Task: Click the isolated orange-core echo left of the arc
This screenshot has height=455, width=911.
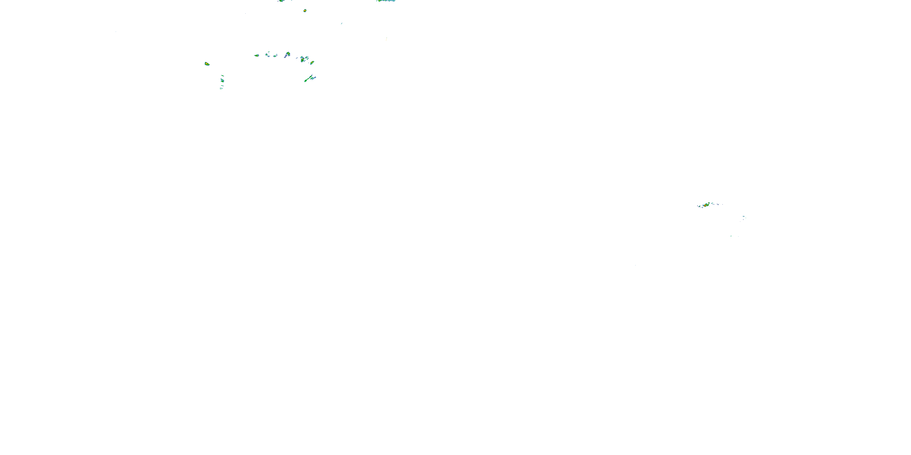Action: coord(207,64)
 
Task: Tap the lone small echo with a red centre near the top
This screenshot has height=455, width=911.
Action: coord(305,11)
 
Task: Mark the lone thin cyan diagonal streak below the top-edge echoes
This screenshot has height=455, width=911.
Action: coord(341,24)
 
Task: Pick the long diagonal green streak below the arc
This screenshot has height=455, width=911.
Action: coord(308,79)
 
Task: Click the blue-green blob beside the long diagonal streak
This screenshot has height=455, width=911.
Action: coord(313,78)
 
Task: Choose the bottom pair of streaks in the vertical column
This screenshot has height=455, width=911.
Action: coord(221,88)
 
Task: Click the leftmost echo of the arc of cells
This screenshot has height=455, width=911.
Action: coord(257,56)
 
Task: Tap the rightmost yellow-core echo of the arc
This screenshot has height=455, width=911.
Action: coord(312,63)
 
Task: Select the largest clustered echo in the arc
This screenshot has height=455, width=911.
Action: coord(303,59)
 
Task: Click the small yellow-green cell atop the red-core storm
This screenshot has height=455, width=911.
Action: coord(709,203)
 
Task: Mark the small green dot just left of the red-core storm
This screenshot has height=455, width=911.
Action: coord(699,206)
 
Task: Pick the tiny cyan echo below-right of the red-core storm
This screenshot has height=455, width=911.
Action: coord(744,217)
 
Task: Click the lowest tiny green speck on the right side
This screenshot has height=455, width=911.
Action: coord(731,236)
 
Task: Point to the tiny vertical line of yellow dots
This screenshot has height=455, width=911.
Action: coord(386,39)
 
